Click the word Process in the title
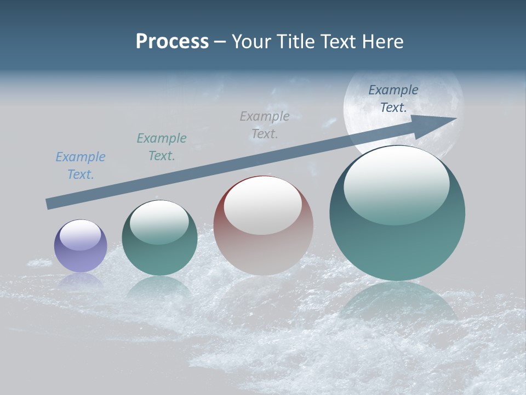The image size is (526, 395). coord(172,41)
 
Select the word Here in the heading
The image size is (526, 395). coord(382,41)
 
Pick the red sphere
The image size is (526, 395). coord(264,247)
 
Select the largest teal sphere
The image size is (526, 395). coord(397,241)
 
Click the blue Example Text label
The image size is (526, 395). coord(81,166)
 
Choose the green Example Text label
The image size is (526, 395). coord(162,147)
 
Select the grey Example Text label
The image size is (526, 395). coord(265,125)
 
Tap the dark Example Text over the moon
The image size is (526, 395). coord(393,99)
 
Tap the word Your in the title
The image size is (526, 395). coord(249,41)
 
